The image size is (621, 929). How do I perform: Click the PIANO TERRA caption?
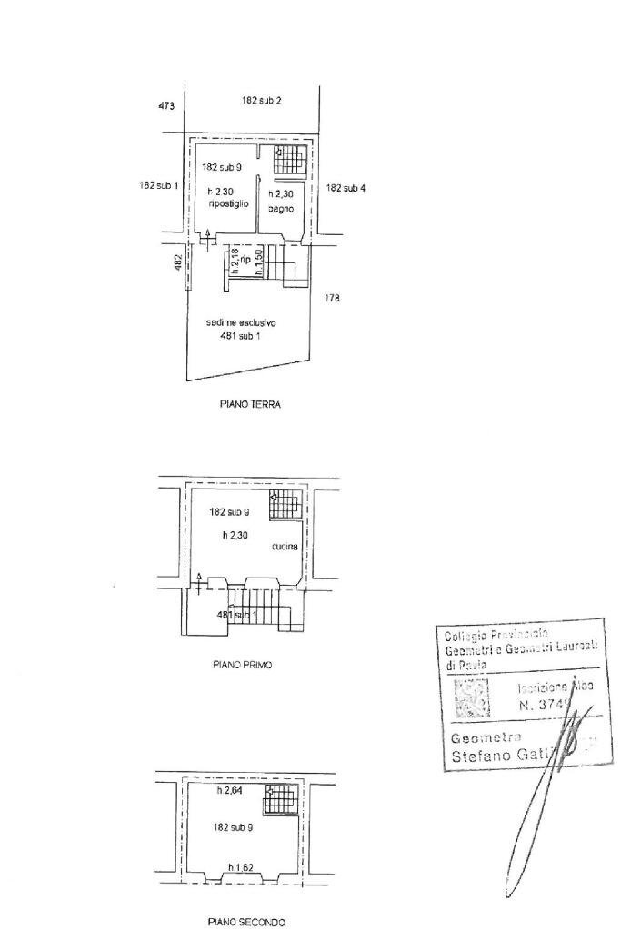point(250,405)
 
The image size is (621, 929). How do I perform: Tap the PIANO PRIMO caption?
point(243,665)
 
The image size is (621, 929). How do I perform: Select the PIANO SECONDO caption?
point(246,922)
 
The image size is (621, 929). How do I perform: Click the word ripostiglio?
point(228,203)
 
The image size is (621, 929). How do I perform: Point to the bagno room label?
point(279,210)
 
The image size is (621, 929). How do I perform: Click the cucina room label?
point(285,547)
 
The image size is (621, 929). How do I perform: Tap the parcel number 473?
point(165,106)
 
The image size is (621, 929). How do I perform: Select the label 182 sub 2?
point(261,100)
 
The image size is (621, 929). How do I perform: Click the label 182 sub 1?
point(158,185)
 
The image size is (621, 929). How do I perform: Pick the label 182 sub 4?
point(346,188)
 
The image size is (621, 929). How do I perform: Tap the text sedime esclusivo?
point(242,322)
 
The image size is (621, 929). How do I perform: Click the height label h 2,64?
point(230,791)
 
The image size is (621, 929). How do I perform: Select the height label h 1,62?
point(241,867)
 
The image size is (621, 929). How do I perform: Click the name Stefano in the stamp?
point(481,756)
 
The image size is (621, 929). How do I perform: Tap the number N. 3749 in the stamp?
point(546,704)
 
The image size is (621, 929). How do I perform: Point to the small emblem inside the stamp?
point(471,699)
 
